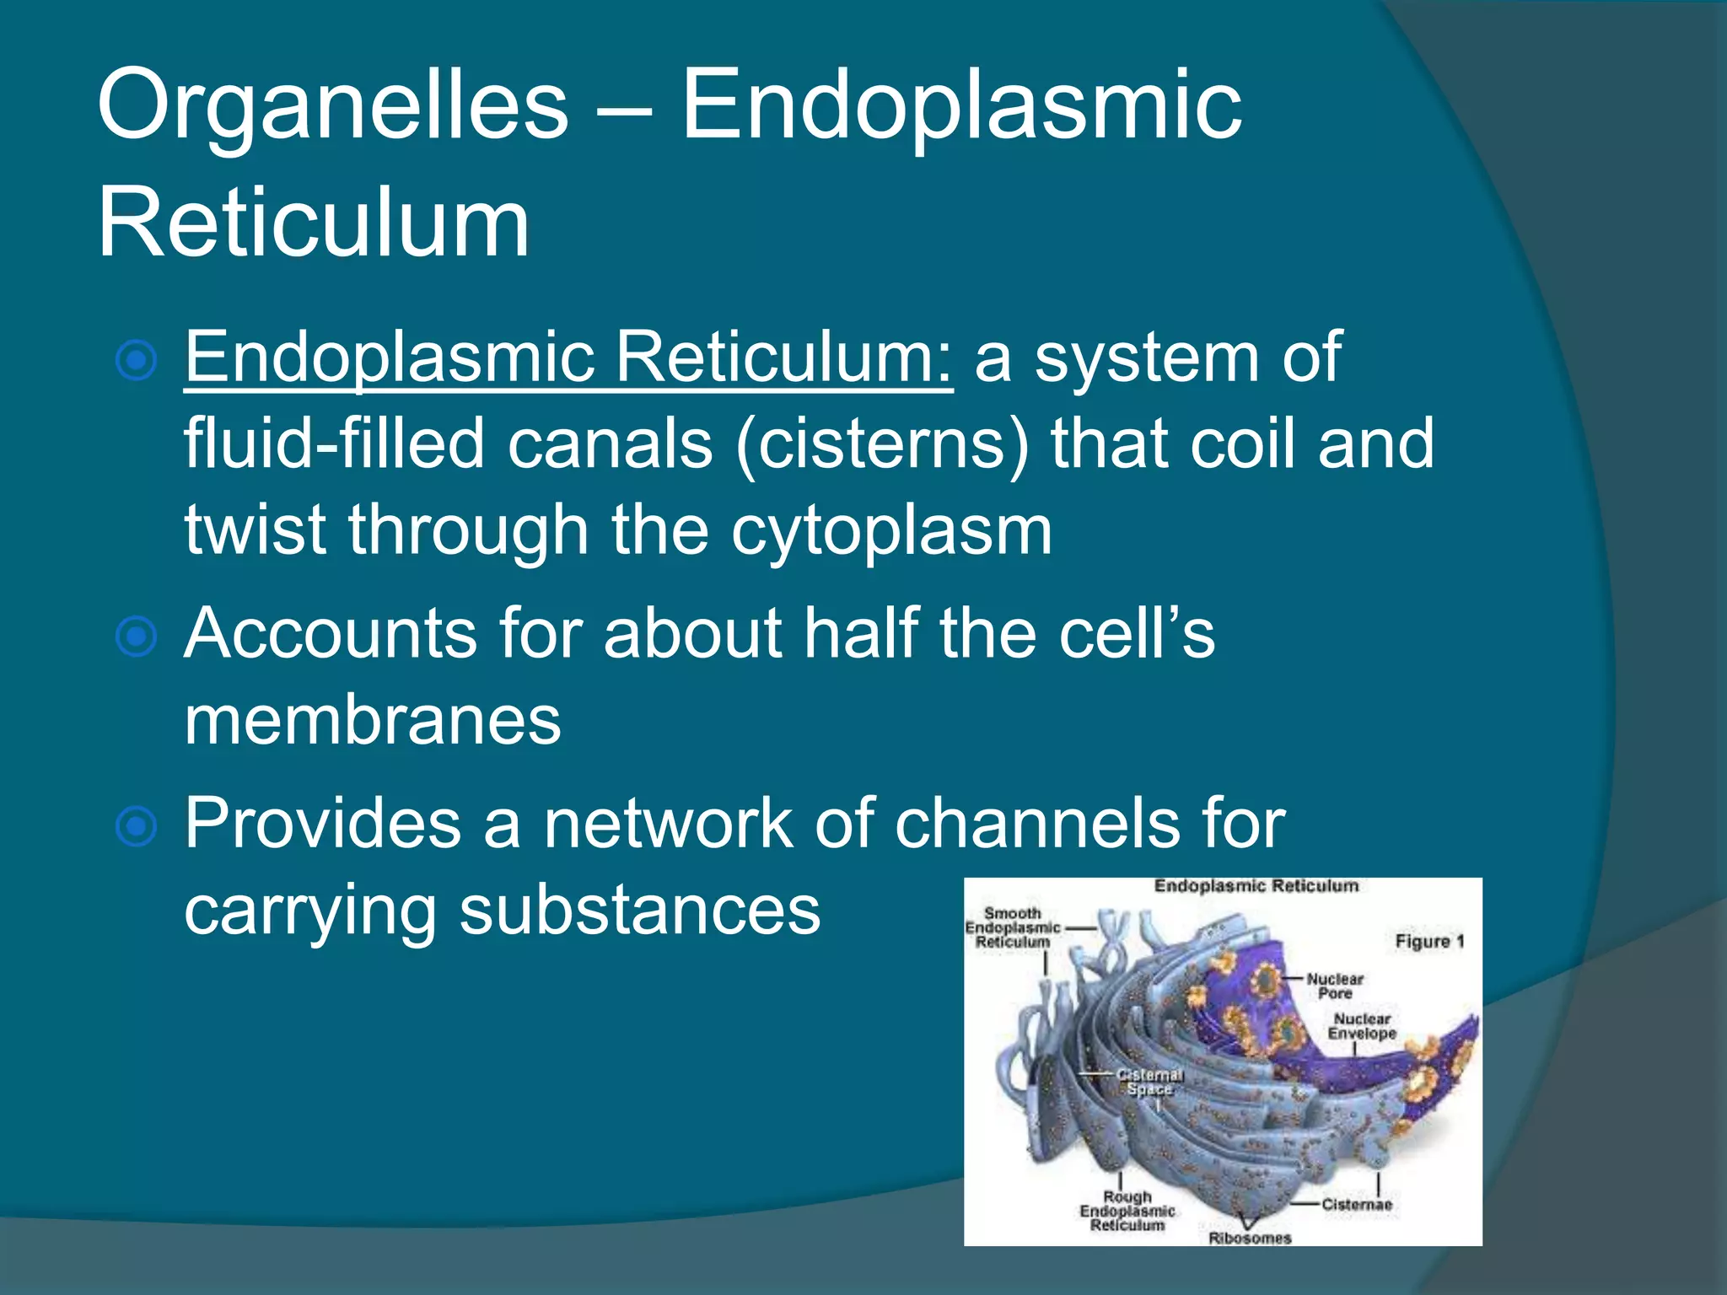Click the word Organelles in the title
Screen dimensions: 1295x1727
pos(333,108)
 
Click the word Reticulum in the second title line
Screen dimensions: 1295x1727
pos(314,224)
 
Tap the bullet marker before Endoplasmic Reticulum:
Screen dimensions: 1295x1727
pos(136,362)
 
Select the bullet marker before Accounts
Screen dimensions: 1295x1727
pos(136,637)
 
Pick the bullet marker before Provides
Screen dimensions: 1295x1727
pos(136,826)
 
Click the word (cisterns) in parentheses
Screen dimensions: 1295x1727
pos(882,445)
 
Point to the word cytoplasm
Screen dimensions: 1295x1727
pos(891,531)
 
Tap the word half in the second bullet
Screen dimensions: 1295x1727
pos(860,634)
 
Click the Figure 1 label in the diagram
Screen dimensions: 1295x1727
pos(1429,941)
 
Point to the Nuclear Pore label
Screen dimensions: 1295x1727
pos(1335,986)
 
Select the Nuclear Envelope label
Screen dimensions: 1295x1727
pos(1362,1026)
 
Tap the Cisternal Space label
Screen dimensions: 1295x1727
pos(1150,1082)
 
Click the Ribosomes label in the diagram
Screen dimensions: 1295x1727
pos(1250,1238)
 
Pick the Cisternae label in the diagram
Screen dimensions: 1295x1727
pos(1356,1204)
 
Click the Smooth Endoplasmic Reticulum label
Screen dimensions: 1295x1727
pos(1013,927)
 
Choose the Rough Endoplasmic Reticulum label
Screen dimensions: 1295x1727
pos(1127,1211)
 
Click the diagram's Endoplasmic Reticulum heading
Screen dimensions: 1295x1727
pos(1256,886)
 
